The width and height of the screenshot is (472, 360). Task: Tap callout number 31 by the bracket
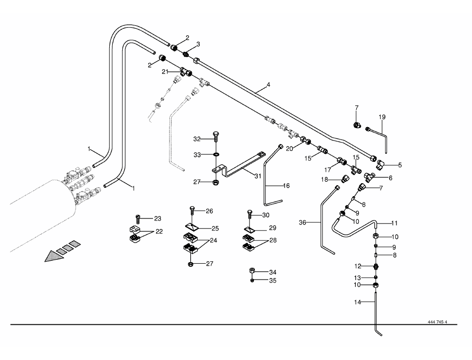point(258,176)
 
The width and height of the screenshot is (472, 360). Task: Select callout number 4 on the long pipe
point(268,85)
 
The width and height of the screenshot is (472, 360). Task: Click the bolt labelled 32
point(216,137)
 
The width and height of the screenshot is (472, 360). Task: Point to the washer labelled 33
point(216,154)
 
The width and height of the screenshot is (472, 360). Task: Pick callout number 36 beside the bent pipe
point(302,222)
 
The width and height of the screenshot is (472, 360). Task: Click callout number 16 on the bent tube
point(286,186)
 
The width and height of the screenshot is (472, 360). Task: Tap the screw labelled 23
point(139,218)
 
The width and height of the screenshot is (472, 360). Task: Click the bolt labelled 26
point(193,211)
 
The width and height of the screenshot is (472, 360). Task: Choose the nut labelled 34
point(252,271)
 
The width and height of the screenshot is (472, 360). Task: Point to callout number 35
point(273,281)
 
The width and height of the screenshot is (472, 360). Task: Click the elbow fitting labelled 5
point(381,164)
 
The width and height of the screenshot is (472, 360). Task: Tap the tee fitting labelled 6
point(369,177)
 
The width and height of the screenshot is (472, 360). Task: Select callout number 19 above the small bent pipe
point(382,117)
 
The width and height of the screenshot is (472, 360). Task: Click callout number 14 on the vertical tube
point(357,302)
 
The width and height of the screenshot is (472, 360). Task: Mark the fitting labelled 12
point(376,266)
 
